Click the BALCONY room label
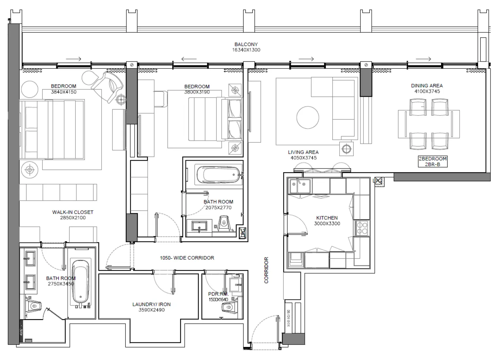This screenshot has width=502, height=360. [246, 44]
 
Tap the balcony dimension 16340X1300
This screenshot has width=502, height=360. [246, 50]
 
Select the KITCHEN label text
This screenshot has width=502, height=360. [327, 218]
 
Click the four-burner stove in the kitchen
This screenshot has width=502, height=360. [362, 228]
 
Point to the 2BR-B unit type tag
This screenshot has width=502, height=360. [433, 164]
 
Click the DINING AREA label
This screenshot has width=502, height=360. [427, 86]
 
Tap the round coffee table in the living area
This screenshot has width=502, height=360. [307, 117]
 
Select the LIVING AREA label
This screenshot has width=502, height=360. [303, 152]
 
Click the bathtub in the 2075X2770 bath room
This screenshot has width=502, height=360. [217, 175]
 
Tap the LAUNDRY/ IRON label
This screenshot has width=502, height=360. [151, 304]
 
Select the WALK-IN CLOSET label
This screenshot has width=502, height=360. [73, 212]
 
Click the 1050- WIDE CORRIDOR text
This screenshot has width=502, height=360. [187, 258]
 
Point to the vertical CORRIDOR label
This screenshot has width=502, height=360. [266, 270]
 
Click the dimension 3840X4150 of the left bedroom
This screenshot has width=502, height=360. [64, 92]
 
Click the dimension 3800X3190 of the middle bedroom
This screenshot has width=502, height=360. [197, 92]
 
